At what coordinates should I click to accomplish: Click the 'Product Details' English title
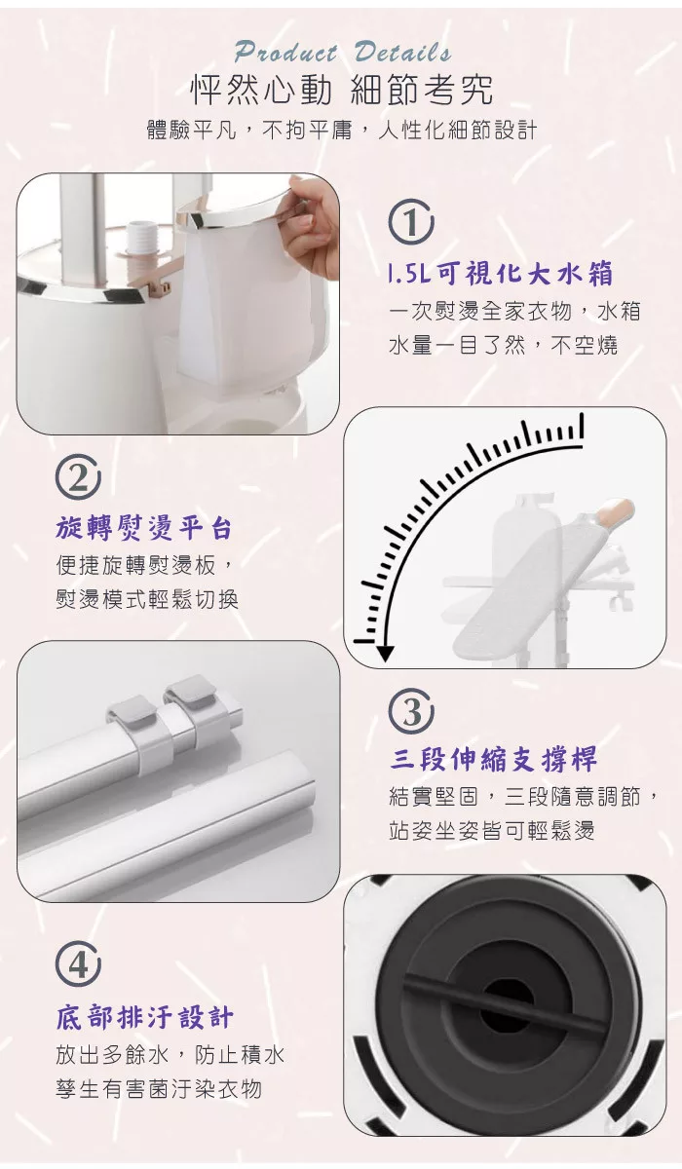[343, 53]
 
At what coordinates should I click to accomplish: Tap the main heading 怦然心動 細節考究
[342, 90]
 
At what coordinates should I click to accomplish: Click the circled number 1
[410, 222]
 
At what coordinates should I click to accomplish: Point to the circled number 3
[410, 711]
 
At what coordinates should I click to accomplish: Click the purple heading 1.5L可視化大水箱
[501, 274]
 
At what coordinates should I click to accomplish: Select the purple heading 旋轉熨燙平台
[143, 528]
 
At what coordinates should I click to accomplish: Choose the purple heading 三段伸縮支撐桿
[493, 759]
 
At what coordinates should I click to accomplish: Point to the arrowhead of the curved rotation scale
[385, 654]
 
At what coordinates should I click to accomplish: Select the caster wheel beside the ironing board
[620, 601]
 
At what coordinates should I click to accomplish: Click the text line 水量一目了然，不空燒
[504, 346]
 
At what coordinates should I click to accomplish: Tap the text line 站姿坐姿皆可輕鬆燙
[492, 831]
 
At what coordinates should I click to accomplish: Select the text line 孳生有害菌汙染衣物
[159, 1089]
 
